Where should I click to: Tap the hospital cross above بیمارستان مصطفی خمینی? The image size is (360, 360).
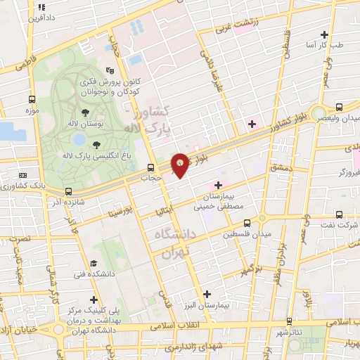pos(218,184)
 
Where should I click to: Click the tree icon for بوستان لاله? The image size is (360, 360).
pos(85,111)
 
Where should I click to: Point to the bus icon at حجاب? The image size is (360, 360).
pos(150,167)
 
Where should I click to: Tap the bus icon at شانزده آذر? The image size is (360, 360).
pos(68,191)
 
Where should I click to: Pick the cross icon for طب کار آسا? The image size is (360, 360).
pos(324,34)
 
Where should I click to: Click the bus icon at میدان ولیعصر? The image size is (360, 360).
pos(340,107)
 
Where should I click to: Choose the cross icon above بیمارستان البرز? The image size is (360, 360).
pos(206,294)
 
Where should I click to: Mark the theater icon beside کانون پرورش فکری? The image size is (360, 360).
pos(110,70)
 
